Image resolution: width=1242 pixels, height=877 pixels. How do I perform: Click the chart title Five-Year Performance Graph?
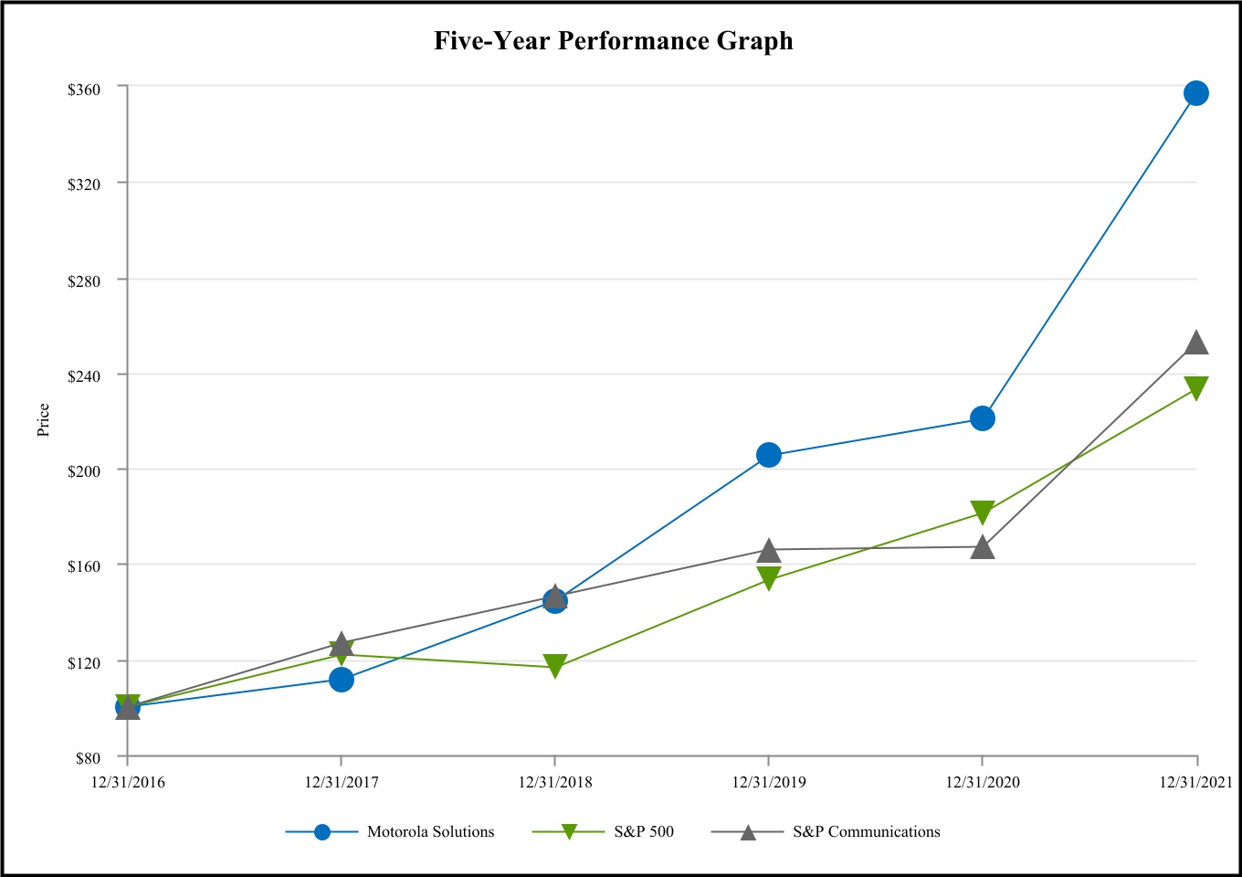(x=613, y=41)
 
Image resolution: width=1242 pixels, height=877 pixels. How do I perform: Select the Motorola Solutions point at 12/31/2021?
(x=1195, y=93)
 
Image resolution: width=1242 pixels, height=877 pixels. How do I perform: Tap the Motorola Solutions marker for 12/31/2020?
(x=982, y=418)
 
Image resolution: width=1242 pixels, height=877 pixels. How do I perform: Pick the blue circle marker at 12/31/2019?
(x=769, y=455)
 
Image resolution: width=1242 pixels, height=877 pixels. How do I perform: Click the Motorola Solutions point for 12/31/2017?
(x=342, y=680)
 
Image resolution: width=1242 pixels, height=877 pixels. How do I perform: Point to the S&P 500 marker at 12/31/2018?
(x=555, y=665)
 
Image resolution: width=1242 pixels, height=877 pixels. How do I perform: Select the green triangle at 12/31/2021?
(x=1195, y=388)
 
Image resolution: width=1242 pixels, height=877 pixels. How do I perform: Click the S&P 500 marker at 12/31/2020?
(x=982, y=512)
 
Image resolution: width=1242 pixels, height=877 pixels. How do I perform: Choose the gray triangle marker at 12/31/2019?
(x=769, y=551)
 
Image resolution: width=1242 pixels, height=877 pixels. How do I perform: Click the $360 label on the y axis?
(x=83, y=89)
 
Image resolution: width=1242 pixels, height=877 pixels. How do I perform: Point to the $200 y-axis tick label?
(x=83, y=470)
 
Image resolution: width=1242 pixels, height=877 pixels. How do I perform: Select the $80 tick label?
(x=87, y=757)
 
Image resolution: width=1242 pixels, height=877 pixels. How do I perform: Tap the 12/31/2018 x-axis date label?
(x=555, y=782)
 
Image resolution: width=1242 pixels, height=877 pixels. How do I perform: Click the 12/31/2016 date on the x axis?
(x=128, y=782)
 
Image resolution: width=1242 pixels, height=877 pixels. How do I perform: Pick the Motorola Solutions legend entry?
(x=430, y=831)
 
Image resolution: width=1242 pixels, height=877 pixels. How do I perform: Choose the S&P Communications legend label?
(x=866, y=831)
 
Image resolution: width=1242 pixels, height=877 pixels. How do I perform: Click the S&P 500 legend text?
(x=644, y=831)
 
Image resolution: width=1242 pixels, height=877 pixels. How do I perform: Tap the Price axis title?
(x=44, y=420)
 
